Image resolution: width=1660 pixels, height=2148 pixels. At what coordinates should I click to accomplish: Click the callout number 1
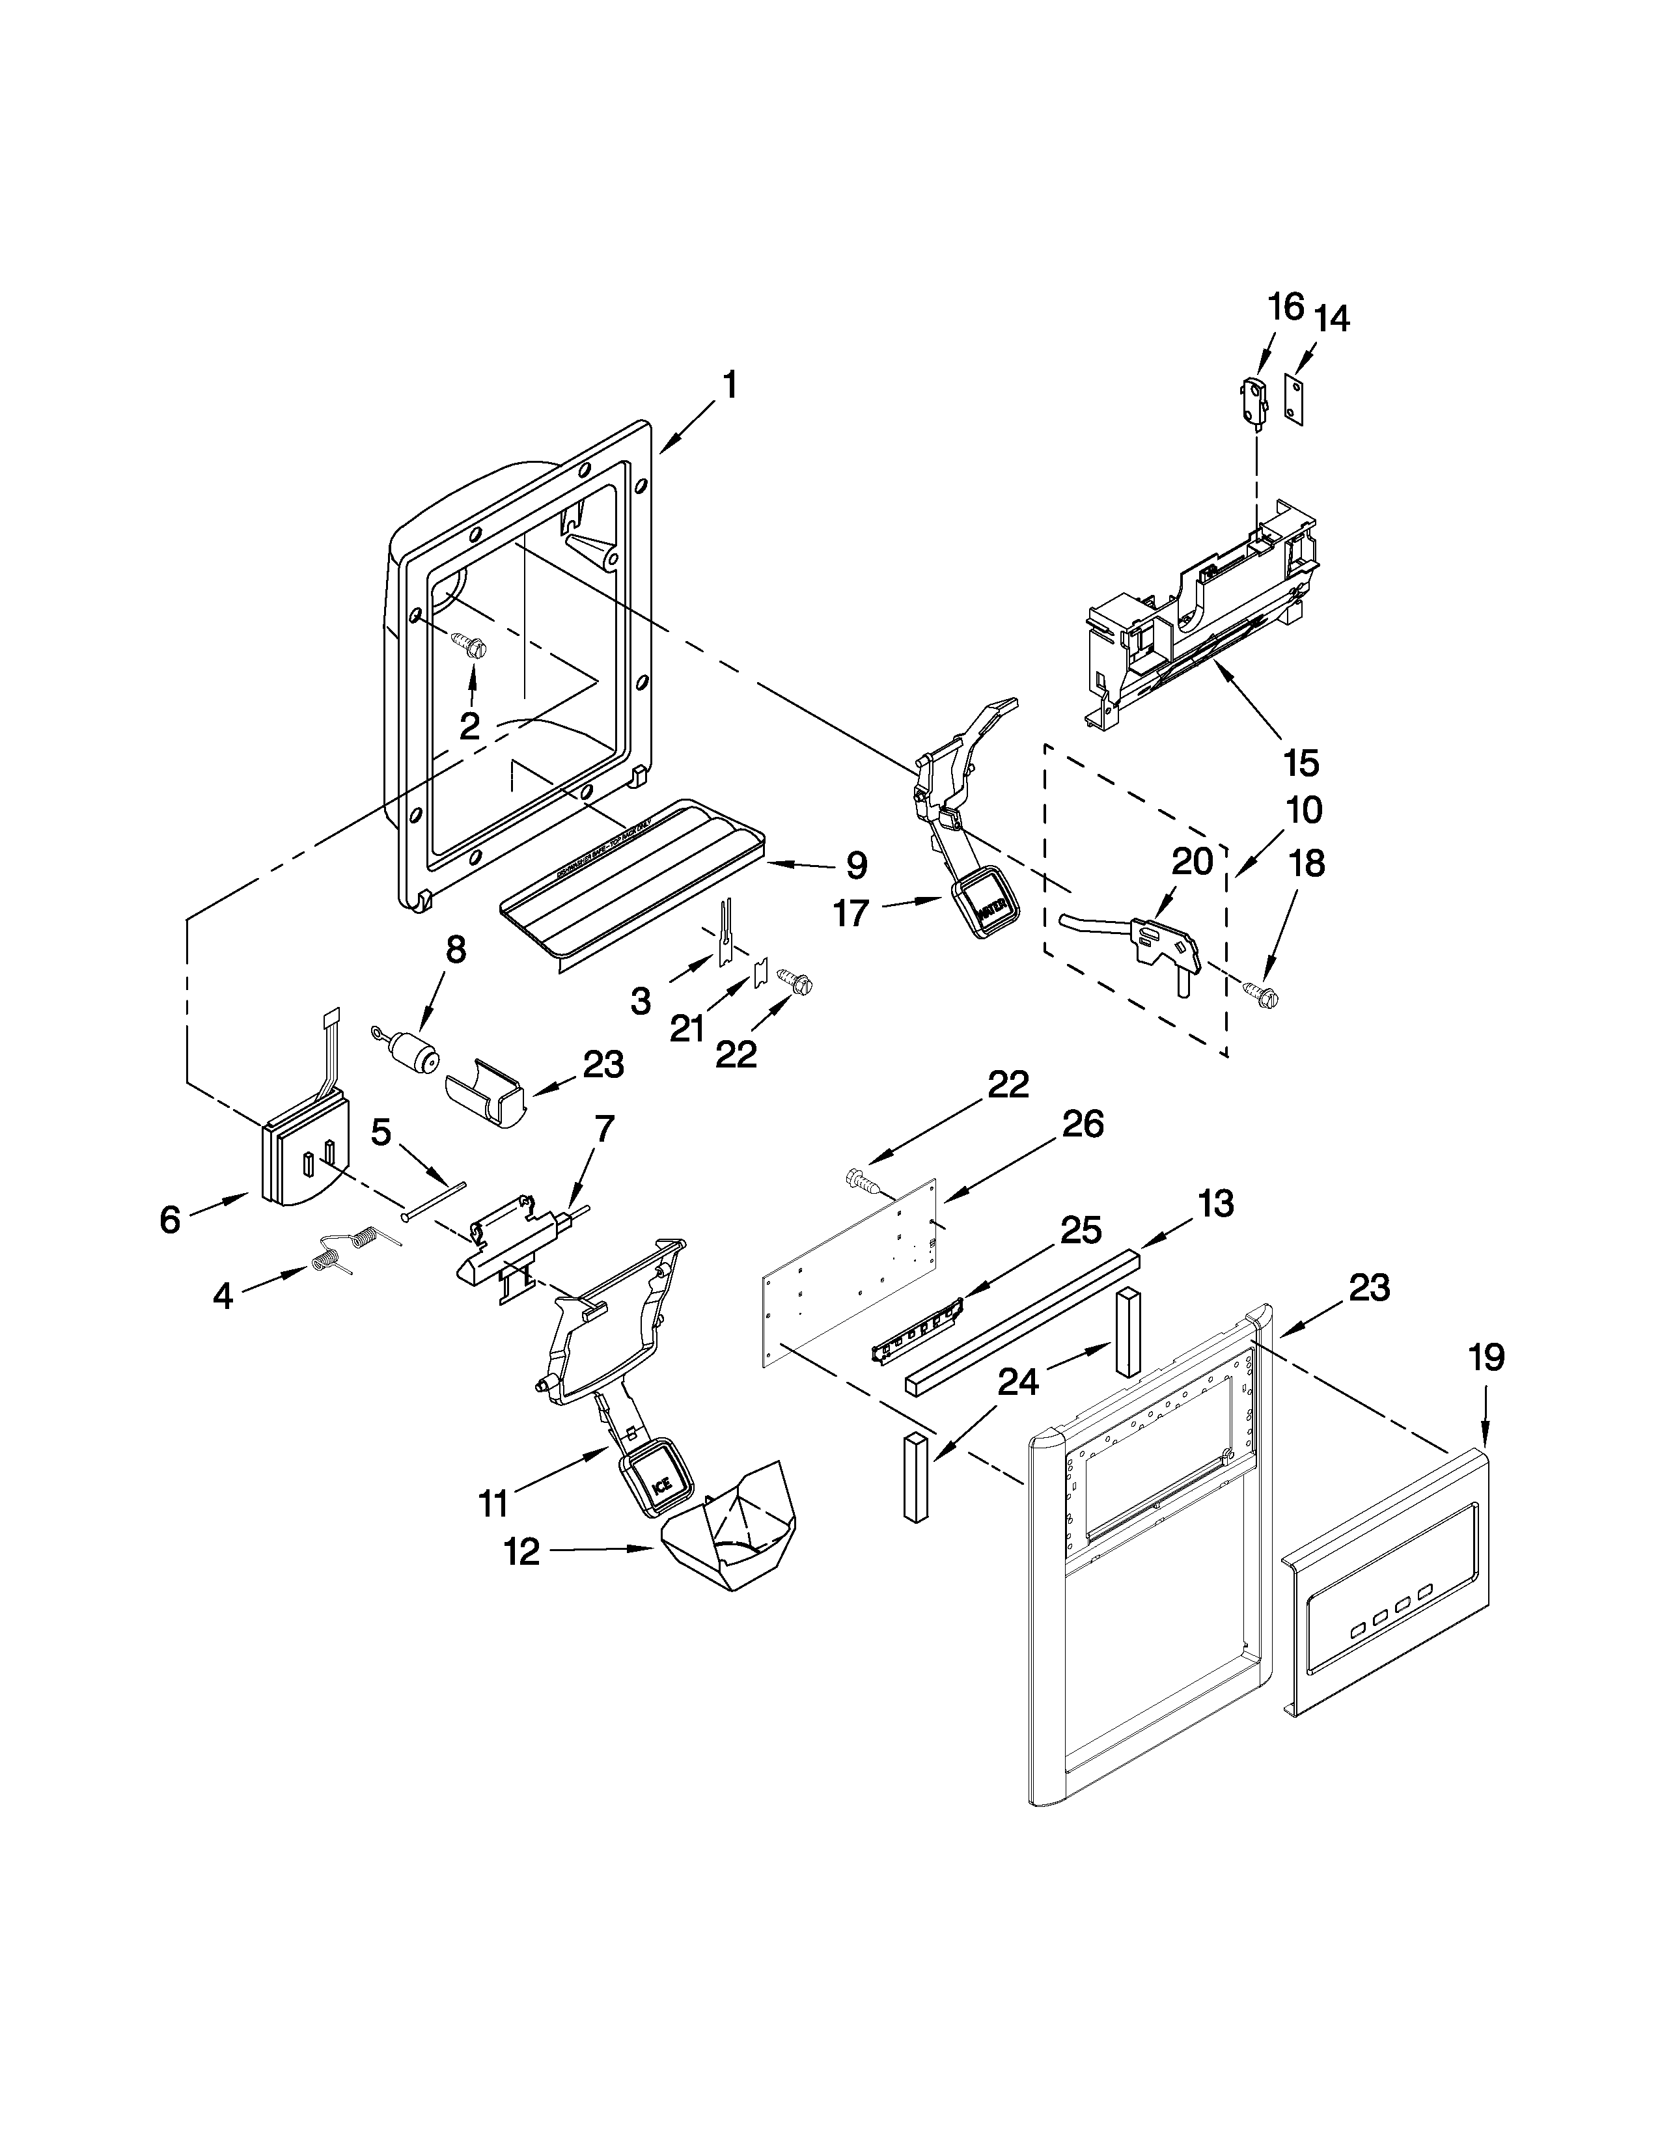click(730, 385)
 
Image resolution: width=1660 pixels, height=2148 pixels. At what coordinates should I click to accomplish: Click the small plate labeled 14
click(1300, 398)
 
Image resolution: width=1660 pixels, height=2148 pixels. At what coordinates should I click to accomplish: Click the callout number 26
click(1083, 1123)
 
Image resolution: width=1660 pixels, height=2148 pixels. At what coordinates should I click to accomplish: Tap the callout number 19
click(1486, 1358)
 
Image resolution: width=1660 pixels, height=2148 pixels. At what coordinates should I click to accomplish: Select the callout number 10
click(1303, 810)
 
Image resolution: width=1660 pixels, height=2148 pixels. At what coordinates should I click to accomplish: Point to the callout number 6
click(170, 1220)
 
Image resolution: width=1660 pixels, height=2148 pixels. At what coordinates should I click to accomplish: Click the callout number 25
click(1080, 1232)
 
